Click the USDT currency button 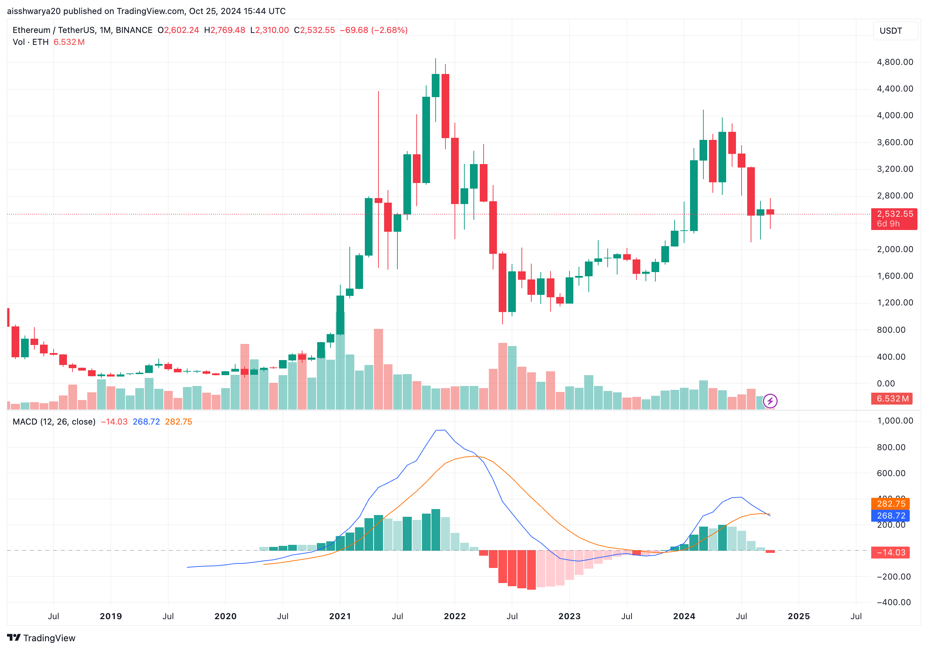[891, 31]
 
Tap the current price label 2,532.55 [894, 214]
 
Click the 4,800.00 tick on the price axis [894, 62]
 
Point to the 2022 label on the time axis [455, 616]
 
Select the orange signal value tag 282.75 [891, 504]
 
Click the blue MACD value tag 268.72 [891, 515]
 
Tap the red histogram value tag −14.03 [891, 553]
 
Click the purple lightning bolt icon [770, 401]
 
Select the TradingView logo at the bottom [41, 638]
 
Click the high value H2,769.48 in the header [225, 30]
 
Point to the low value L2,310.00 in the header [269, 30]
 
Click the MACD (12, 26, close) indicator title [54, 422]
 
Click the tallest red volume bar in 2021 [378, 369]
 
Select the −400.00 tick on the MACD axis [893, 602]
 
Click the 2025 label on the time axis [799, 616]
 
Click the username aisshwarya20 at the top [34, 11]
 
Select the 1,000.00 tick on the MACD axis [894, 421]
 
